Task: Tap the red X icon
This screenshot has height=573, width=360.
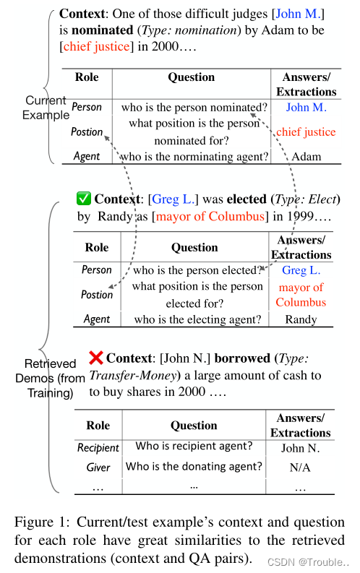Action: tap(95, 357)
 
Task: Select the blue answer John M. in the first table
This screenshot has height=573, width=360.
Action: tap(306, 108)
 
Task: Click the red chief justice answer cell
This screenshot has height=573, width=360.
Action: tap(306, 132)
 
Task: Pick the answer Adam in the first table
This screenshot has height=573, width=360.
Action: tap(306, 155)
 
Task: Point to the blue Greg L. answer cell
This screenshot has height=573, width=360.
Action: tap(301, 270)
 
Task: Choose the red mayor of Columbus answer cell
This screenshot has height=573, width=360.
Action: tap(301, 295)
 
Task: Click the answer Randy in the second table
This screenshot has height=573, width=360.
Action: tap(301, 319)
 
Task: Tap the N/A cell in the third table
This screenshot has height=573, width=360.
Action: tap(301, 468)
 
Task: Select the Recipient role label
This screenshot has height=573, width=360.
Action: tap(98, 448)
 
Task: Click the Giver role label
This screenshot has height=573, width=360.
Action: tap(98, 468)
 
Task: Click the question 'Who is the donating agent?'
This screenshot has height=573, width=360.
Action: tap(194, 467)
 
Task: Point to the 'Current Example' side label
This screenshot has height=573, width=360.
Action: tap(46, 108)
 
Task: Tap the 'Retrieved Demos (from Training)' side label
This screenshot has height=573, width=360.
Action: tap(46, 378)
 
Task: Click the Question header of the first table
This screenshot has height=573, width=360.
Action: tap(192, 77)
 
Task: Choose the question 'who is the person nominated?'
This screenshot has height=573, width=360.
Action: tap(194, 108)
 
